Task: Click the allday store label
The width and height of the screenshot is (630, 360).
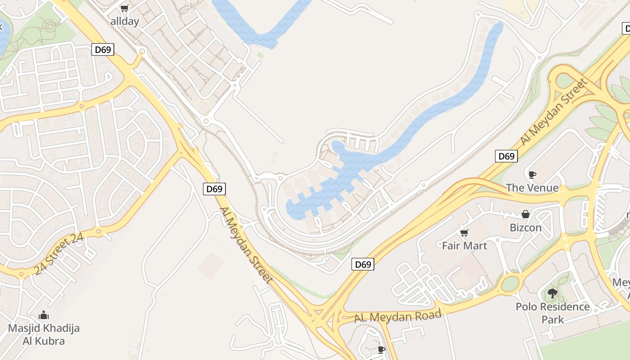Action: (x=125, y=21)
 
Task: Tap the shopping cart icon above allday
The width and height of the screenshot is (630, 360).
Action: (x=125, y=8)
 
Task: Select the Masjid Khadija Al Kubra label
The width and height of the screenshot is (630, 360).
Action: (x=44, y=334)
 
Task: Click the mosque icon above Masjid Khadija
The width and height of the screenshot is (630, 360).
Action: (x=44, y=315)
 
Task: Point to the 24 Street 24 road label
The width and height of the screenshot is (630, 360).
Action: (x=58, y=255)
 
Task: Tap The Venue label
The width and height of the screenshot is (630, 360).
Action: (x=532, y=188)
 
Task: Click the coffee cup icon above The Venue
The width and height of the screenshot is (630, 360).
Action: (x=532, y=175)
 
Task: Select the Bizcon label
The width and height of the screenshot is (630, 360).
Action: (x=526, y=227)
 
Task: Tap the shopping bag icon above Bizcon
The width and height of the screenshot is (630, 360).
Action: (x=525, y=214)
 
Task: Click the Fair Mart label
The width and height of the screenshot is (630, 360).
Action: (x=464, y=246)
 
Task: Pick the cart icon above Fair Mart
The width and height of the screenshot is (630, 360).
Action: (x=464, y=233)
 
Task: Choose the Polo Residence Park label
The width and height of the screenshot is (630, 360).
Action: (x=553, y=313)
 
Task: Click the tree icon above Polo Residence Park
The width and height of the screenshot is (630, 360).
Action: (x=553, y=293)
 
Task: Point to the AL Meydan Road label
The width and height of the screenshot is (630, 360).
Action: (x=398, y=316)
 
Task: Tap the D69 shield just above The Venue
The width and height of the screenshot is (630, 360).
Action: (x=506, y=156)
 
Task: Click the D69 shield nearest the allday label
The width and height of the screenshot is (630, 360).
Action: (x=103, y=49)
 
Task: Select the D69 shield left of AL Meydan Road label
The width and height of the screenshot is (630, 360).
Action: (x=363, y=264)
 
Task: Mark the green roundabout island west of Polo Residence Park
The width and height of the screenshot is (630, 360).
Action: (x=510, y=284)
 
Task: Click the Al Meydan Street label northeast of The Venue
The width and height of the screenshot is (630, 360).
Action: (x=554, y=112)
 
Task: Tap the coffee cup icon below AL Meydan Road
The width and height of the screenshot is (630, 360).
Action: (x=382, y=350)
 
